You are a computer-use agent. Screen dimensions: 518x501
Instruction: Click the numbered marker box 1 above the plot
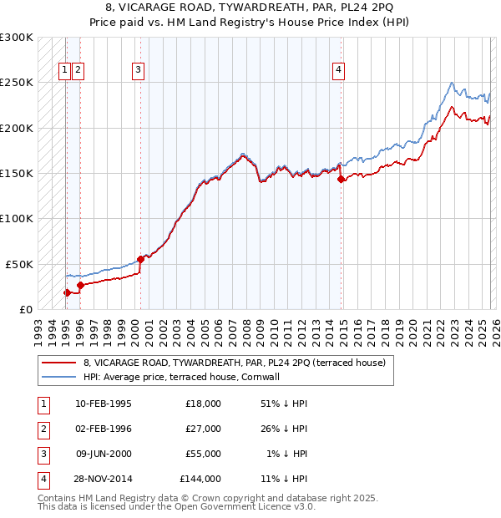(x=64, y=71)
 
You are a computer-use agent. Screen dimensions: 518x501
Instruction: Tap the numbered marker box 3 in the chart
(x=138, y=71)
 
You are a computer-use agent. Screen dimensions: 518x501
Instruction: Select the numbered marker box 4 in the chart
(x=339, y=71)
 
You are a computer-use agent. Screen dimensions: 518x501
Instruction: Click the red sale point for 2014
(x=342, y=179)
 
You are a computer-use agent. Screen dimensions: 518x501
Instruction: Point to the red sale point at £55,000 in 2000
(x=141, y=259)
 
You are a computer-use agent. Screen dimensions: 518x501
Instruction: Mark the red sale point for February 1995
(x=67, y=292)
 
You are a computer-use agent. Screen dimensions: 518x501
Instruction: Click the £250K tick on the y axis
(x=17, y=83)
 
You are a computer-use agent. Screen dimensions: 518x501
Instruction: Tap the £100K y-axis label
(x=17, y=218)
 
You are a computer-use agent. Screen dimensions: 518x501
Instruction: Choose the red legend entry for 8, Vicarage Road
(x=234, y=363)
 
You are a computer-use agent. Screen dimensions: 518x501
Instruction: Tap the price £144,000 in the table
(x=200, y=479)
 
